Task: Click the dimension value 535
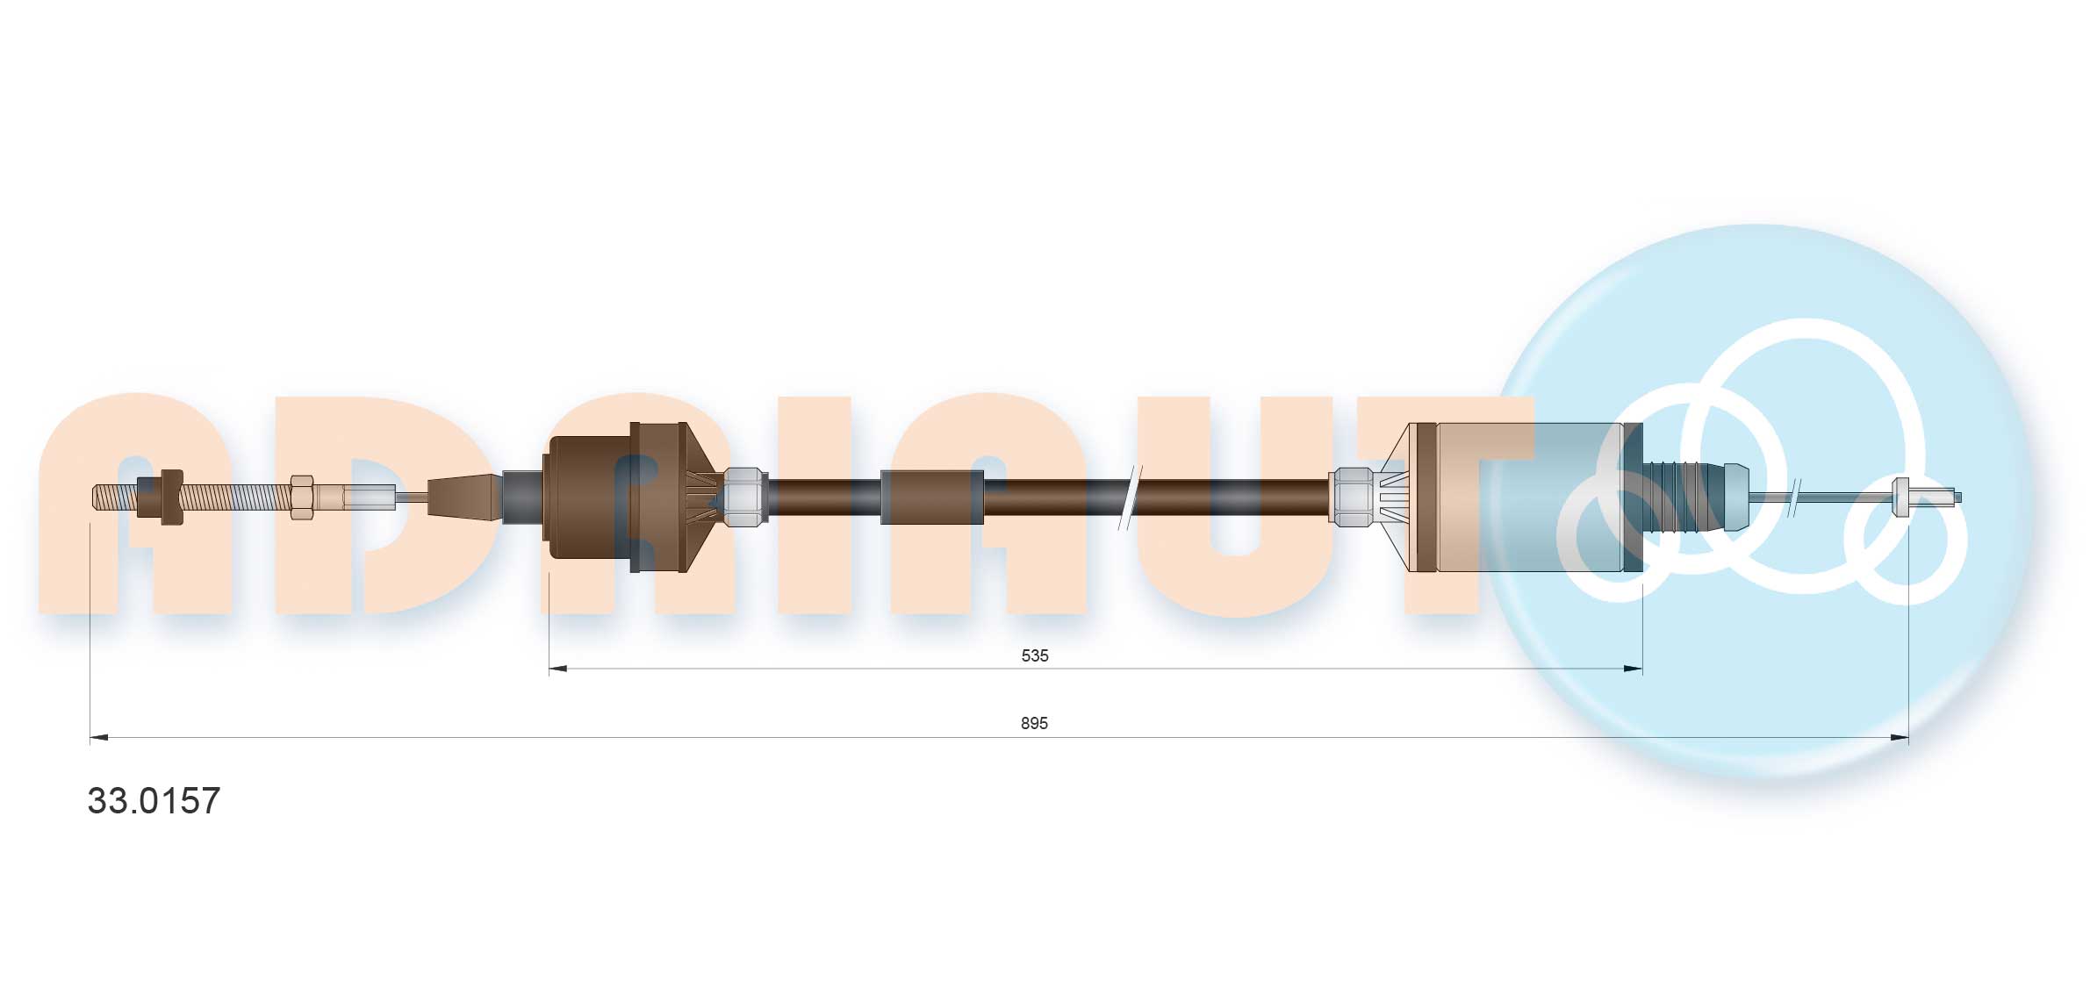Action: click(1034, 655)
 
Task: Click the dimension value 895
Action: click(1034, 723)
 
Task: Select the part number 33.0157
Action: click(154, 800)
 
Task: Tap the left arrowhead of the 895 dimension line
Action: click(98, 737)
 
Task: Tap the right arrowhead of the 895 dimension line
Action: click(1900, 737)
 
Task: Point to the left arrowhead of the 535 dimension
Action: click(557, 669)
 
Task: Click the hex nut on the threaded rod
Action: click(301, 497)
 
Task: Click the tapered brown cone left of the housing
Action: click(465, 497)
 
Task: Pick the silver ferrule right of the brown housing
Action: click(744, 497)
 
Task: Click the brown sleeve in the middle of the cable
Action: click(931, 497)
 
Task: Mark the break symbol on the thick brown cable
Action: click(1130, 497)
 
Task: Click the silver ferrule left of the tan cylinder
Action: click(1351, 497)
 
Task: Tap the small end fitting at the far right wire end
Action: click(1902, 497)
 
